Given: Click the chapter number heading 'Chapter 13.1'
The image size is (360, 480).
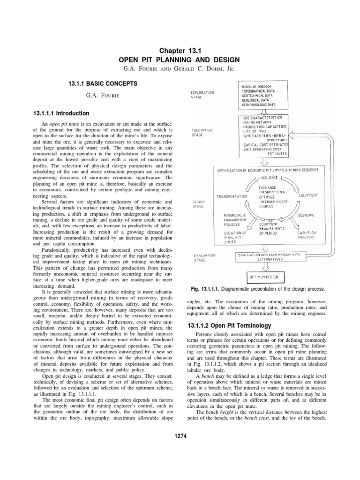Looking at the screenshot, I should click(180, 51).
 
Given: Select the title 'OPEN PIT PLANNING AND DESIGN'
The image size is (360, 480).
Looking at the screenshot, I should click(180, 60).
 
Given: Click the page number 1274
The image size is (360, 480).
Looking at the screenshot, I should click(180, 436).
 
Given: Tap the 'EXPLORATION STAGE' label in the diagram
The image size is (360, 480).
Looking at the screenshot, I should click(202, 95).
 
